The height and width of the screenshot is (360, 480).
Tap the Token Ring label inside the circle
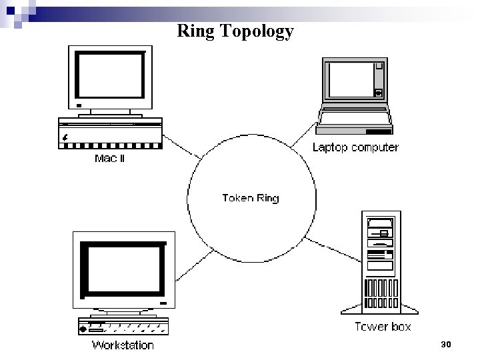pos(250,197)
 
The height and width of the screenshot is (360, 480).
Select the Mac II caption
pos(109,159)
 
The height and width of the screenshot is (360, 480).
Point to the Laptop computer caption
pos(355,147)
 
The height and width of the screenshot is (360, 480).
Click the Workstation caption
pos(123,345)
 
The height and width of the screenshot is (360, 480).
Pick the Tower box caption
pos(383,327)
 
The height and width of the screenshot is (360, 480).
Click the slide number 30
pos(446,344)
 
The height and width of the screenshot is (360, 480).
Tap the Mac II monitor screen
pos(110,75)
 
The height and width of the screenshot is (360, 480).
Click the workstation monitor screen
pos(122,270)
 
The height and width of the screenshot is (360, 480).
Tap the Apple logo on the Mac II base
pos(65,137)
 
